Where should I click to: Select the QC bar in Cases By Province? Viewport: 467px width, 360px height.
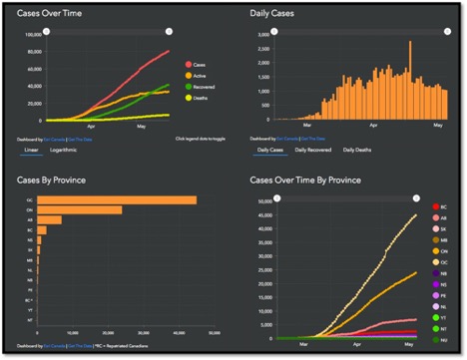tap(116, 199)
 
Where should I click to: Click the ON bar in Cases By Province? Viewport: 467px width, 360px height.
tap(79, 209)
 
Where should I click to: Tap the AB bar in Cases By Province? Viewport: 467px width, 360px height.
tap(49, 220)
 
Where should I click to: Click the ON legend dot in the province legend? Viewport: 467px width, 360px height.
tap(436, 250)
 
